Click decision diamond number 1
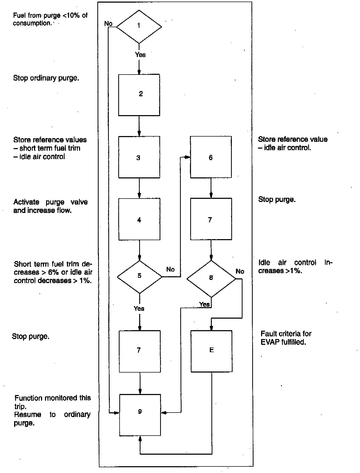click(x=139, y=26)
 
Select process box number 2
click(x=139, y=95)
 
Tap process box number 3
click(x=139, y=157)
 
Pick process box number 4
click(x=139, y=219)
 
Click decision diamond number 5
click(x=139, y=277)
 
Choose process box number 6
click(x=211, y=157)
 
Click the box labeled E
click(x=211, y=351)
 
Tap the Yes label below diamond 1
click(x=140, y=55)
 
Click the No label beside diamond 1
click(x=108, y=24)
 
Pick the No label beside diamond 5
click(x=170, y=269)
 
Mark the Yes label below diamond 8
click(x=204, y=304)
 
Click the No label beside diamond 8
click(x=240, y=271)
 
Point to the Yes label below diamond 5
click(x=139, y=308)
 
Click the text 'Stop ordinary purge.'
click(x=46, y=78)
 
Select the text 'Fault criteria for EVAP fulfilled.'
click(x=286, y=338)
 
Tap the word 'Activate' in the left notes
click(x=26, y=202)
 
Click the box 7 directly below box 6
click(x=211, y=219)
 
